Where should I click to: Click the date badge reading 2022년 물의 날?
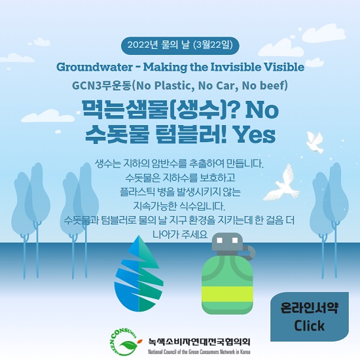click(x=180, y=45)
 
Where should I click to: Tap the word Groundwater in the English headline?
click(x=94, y=67)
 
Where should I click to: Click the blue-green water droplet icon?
click(x=139, y=273)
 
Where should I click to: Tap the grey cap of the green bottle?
click(x=227, y=243)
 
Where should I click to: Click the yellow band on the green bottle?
click(x=227, y=295)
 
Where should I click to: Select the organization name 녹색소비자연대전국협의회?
click(x=199, y=342)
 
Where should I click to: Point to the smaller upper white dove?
click(x=315, y=142)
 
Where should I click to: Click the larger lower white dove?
click(x=282, y=183)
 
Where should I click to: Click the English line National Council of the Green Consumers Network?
click(x=199, y=351)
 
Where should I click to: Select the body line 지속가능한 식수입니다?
click(x=179, y=206)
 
